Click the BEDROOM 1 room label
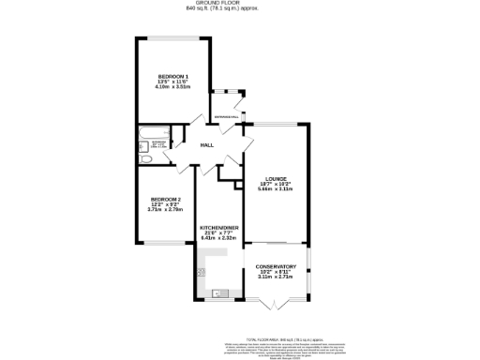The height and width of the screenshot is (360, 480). pos(173,75)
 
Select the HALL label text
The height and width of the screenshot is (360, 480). pos(206,145)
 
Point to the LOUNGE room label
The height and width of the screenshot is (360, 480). pos(275,178)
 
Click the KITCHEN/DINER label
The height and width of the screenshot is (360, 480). pos(218,228)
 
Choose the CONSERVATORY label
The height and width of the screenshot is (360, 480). pos(276,266)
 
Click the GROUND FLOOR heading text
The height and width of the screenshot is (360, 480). pos(240,4)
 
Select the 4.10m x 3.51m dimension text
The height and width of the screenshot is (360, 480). pos(173,86)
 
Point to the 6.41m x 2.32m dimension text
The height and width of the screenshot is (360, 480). pos(218,239)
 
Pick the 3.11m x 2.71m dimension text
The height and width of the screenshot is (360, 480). pos(276,277)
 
